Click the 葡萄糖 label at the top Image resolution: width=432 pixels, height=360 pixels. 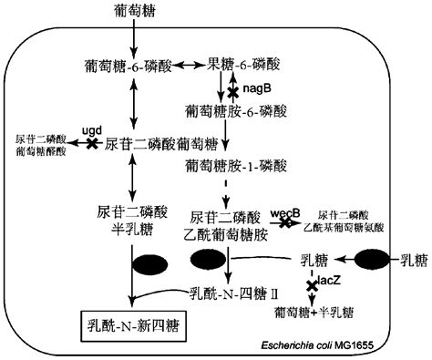coord(133,10)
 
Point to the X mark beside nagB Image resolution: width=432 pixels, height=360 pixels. coord(234,90)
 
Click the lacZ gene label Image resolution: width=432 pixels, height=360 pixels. coord(331,283)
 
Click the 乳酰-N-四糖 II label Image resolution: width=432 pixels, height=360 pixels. coord(232,293)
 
